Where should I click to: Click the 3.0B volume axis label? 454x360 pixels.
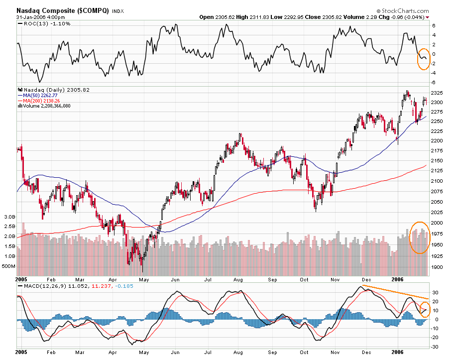click(x=9, y=217)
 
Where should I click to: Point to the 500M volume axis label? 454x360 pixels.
click(x=8, y=266)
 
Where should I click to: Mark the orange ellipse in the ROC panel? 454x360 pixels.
click(x=423, y=59)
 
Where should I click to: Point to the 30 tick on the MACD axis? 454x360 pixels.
click(x=435, y=292)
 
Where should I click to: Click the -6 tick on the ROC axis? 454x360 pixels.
click(x=434, y=82)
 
